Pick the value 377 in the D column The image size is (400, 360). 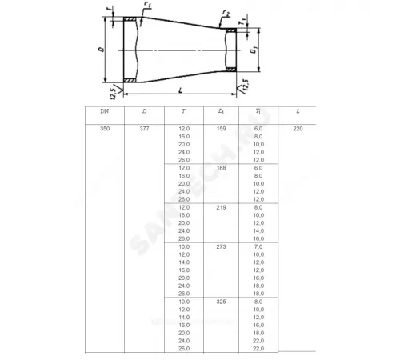click(x=144, y=129)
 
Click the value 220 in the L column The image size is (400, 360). click(x=298, y=129)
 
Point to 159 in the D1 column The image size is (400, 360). click(x=221, y=129)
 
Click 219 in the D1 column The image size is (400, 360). click(x=221, y=206)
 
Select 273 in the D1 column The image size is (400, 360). click(x=221, y=246)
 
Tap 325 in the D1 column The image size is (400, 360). click(x=221, y=302)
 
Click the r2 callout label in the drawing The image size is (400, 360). click(x=227, y=14)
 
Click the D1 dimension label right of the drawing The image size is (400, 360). click(x=252, y=52)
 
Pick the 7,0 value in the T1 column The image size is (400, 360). click(x=258, y=246)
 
